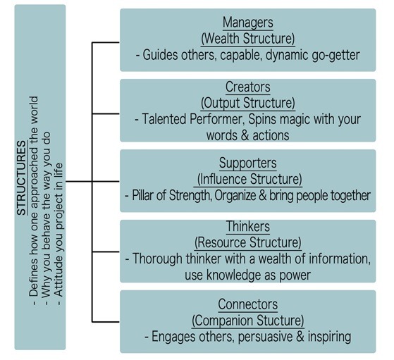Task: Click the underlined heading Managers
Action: [x=248, y=23]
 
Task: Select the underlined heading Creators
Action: [x=248, y=87]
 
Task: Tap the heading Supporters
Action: [x=248, y=163]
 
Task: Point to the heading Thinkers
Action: [x=248, y=226]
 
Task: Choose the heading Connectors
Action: [x=248, y=304]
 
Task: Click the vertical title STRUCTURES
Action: [x=22, y=178]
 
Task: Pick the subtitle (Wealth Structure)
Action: [x=248, y=39]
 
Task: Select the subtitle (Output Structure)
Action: [x=248, y=104]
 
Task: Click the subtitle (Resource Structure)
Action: [x=248, y=242]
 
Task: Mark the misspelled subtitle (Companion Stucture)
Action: [x=248, y=321]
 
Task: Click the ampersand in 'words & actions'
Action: [x=245, y=135]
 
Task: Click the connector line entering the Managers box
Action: [x=106, y=42]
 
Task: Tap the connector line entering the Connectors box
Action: [x=106, y=321]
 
